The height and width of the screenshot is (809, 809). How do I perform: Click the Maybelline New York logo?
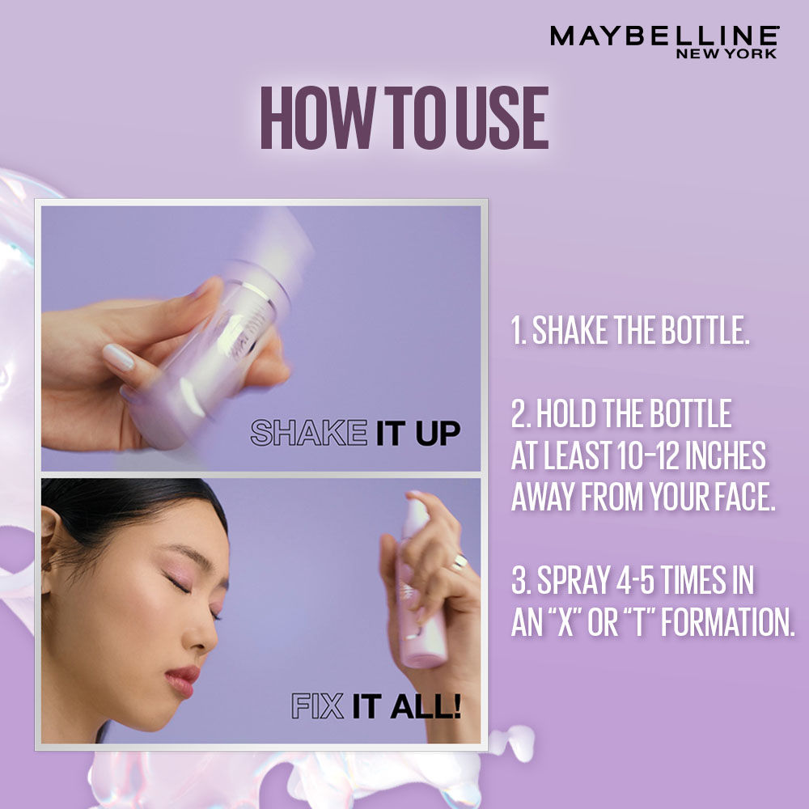click(663, 41)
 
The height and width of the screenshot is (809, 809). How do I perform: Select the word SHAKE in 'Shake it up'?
click(308, 433)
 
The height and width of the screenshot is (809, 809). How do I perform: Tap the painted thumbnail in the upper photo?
click(118, 357)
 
